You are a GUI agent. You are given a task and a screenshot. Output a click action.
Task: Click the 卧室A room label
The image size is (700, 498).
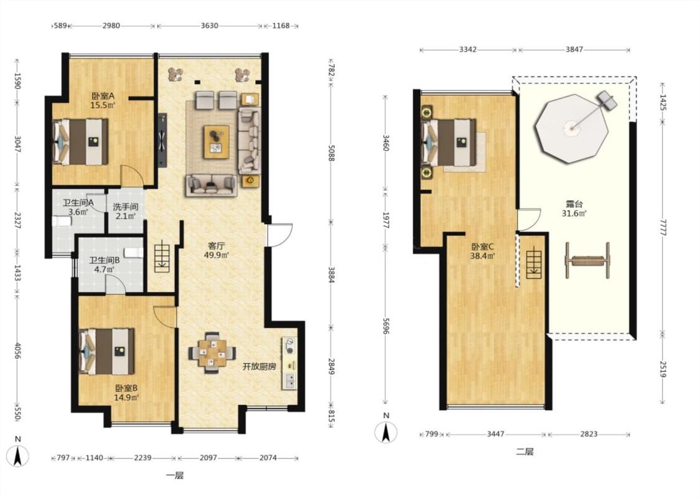point(103,96)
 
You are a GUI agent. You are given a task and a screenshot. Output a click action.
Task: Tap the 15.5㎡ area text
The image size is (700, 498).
point(103,105)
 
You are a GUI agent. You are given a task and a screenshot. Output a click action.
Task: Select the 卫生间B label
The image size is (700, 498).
point(104,260)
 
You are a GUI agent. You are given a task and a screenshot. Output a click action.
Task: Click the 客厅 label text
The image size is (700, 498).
point(217,246)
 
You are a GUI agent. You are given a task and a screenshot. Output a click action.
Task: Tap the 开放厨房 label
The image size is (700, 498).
point(259,367)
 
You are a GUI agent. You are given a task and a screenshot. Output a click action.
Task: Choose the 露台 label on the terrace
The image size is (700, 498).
point(574,204)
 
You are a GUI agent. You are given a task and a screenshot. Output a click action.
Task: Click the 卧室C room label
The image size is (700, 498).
point(482,247)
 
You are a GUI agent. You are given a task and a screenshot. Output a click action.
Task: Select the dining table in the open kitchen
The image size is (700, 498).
point(213,352)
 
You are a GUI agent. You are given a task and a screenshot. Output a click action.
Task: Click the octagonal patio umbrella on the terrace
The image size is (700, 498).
point(572,129)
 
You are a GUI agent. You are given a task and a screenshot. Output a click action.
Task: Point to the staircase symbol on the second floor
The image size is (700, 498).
point(533,265)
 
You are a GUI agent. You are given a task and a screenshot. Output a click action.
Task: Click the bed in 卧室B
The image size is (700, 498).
point(106,352)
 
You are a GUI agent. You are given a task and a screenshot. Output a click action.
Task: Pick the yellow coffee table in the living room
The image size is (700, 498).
point(217,142)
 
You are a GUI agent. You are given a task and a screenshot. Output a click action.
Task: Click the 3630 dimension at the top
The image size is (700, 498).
point(209,26)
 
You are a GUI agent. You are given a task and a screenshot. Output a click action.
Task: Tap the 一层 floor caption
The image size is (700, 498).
point(175,476)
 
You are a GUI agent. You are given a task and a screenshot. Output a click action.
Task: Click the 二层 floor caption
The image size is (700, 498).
point(525,451)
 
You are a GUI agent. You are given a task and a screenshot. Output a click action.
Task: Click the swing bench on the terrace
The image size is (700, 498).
point(587,260)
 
